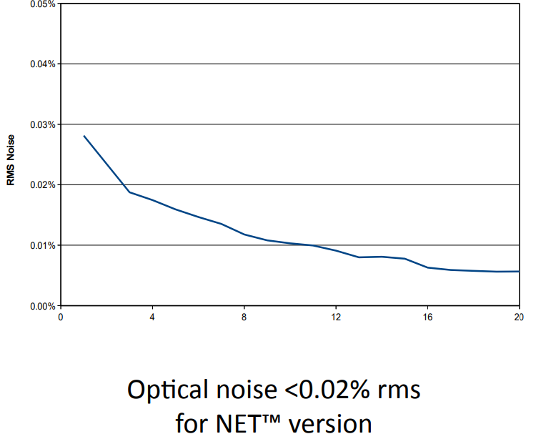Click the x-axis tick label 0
coord(61,316)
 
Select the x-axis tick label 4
coord(152,316)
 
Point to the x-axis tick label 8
coord(244,316)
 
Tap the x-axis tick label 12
coord(335,316)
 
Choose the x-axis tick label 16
coord(427,316)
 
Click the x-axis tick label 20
coord(519,316)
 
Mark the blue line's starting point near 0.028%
coord(84,136)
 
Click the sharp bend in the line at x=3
coord(129,192)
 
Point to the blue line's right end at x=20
coord(519,271)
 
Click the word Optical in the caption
coord(169,390)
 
